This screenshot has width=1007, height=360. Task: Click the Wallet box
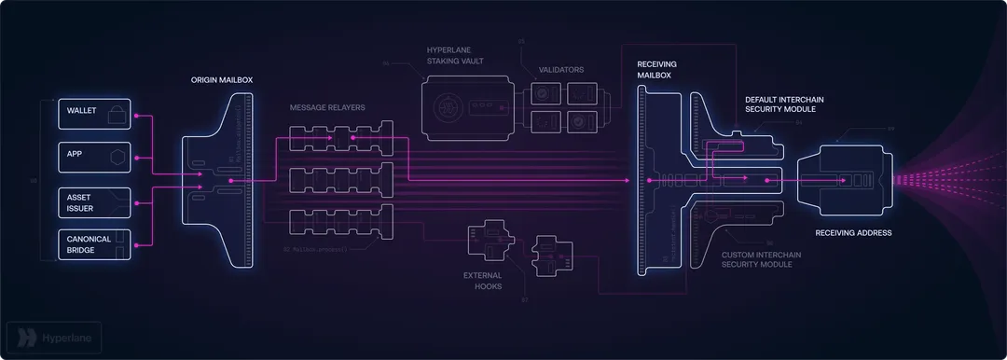94,114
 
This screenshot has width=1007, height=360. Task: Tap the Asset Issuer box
94,203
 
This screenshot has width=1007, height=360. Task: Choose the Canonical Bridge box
94,244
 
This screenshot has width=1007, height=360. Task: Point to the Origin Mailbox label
221,80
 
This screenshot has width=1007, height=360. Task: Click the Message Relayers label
327,108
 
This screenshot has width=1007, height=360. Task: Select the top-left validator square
545,93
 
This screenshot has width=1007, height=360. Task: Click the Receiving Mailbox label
657,69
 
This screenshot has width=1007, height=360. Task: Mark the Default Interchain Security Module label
784,104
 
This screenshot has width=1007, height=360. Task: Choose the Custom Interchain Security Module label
770,258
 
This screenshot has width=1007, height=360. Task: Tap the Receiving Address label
853,233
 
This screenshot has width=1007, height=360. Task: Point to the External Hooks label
482,281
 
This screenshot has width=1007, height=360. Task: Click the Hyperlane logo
53,337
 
